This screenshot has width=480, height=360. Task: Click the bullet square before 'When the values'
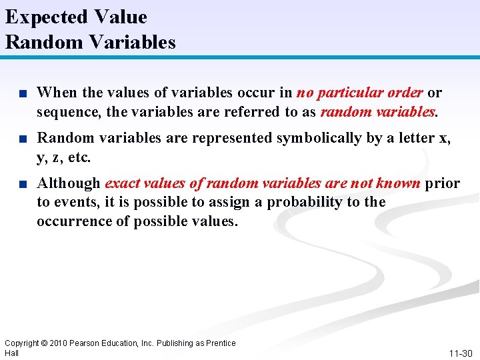point(23,93)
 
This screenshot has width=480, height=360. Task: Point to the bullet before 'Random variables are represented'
point(23,139)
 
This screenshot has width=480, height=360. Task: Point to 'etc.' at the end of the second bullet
point(78,157)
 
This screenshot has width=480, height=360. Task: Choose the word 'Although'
point(69,183)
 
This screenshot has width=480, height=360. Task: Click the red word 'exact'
point(123,183)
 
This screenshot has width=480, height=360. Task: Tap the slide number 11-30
point(461,353)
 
